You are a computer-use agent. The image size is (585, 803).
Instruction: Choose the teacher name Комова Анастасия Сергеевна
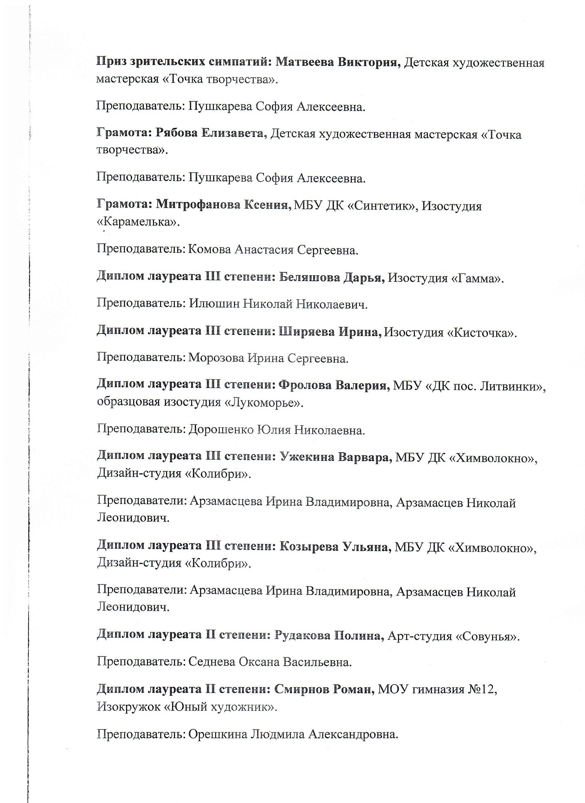pos(273,250)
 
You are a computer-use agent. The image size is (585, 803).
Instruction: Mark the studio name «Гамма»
pos(476,278)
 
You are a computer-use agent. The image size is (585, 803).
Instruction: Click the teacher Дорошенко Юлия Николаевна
pos(276,430)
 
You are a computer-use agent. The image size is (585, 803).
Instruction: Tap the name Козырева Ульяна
pos(335,546)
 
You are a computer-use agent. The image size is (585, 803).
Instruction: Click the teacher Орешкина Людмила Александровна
pos(293,734)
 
